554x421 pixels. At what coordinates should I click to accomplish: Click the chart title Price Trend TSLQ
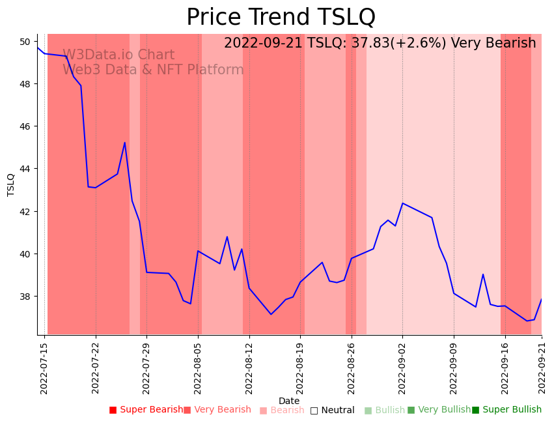(281, 17)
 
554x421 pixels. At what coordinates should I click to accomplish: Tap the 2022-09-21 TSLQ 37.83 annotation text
(380, 43)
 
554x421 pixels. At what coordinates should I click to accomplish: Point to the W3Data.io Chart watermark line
(118, 55)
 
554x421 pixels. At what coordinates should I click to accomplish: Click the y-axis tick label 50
(25, 42)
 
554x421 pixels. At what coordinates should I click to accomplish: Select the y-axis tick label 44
(25, 169)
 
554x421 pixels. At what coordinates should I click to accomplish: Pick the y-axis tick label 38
(25, 297)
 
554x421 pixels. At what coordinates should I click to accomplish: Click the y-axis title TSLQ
(11, 184)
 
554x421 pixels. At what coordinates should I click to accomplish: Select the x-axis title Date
(289, 401)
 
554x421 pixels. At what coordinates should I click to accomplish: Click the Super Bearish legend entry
(146, 410)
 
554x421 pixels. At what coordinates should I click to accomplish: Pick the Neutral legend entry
(332, 410)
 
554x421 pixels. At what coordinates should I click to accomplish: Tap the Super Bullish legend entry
(506, 410)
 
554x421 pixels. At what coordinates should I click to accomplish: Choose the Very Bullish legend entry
(439, 410)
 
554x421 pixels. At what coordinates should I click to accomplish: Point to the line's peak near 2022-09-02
(402, 203)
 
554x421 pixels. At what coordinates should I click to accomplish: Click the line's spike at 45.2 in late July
(125, 143)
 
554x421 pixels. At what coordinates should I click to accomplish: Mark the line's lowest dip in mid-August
(271, 314)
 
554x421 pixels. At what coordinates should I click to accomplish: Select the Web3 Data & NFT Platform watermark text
(153, 70)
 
